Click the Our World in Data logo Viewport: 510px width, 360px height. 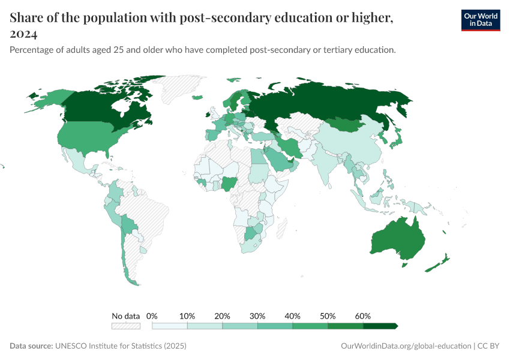480,20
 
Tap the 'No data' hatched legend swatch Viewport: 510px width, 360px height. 125,326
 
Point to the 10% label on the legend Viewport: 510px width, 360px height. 187,316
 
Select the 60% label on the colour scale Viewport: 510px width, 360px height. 363,316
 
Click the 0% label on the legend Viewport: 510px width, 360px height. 152,316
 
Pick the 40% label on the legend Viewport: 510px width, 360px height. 293,316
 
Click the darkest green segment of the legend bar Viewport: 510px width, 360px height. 380,326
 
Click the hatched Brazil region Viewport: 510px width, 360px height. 150,210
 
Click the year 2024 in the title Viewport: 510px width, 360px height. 23,34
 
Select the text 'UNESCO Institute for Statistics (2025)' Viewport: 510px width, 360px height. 121,346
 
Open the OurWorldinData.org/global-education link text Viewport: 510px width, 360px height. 405,346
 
